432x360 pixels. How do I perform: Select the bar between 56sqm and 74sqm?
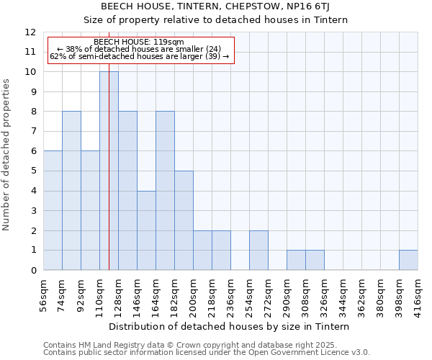(x=53, y=210)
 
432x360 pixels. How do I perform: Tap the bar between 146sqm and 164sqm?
(x=146, y=230)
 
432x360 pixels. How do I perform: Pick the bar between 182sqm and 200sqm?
(x=184, y=220)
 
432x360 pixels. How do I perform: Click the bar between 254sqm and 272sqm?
(x=258, y=251)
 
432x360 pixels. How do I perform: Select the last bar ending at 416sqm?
(x=408, y=260)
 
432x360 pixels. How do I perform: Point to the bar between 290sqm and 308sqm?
(x=296, y=260)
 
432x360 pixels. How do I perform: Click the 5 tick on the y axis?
(x=32, y=171)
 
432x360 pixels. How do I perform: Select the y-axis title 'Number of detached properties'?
(x=6, y=155)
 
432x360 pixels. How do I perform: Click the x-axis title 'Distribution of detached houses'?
(x=230, y=326)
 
